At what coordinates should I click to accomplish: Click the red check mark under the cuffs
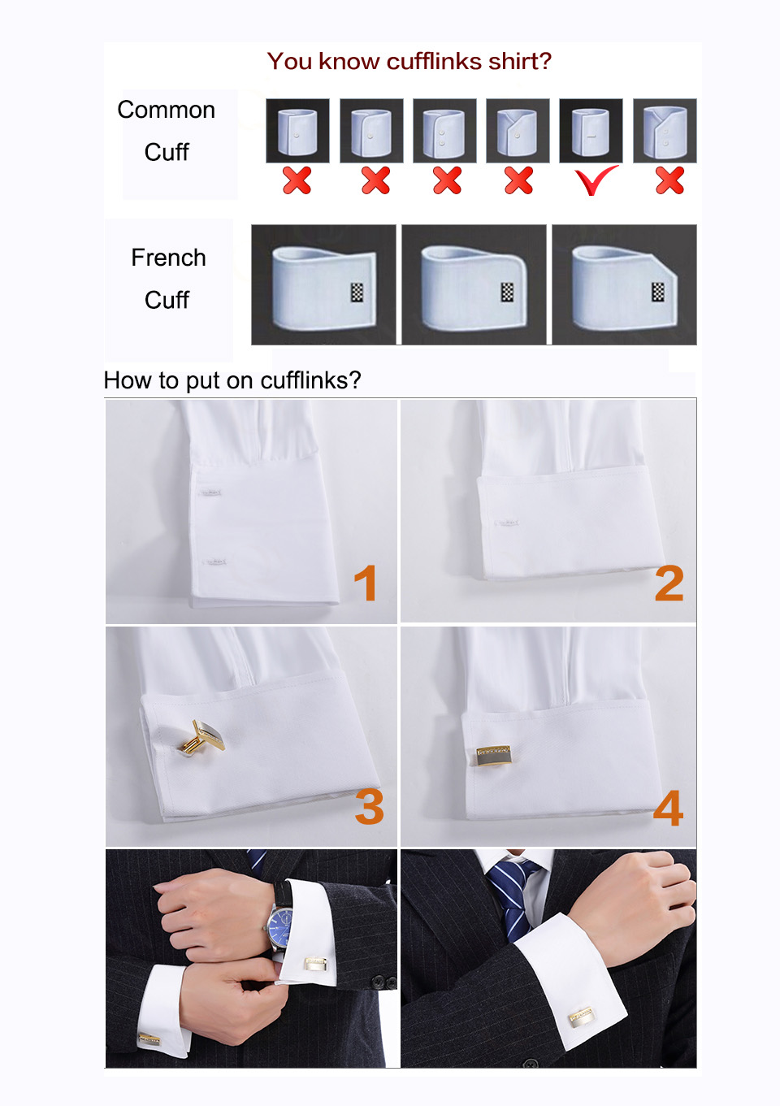pos(595,180)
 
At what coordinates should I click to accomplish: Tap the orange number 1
pos(366,583)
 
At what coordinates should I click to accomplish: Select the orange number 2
pos(669,583)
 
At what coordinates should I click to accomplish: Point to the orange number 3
pos(369,806)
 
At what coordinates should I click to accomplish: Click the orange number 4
pos(669,808)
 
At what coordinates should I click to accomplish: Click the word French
pos(168,258)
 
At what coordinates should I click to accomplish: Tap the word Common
pos(166,110)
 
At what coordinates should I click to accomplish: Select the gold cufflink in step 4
pos(494,755)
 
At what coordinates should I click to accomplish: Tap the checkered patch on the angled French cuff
pos(658,292)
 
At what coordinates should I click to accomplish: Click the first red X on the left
pos(297,180)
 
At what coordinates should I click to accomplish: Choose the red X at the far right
pos(669,180)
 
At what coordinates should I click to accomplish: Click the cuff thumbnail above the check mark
pos(591,131)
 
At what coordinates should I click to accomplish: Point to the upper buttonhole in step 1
pos(210,492)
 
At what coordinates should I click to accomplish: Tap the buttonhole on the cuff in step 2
pos(508,523)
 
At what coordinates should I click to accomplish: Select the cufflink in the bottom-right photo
pos(581,1016)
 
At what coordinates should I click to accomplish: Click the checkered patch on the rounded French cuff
pos(508,293)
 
